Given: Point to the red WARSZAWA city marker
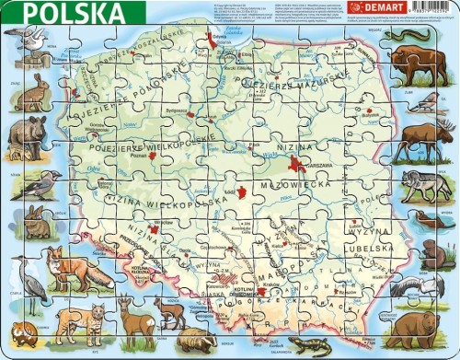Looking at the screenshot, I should pos(297,165).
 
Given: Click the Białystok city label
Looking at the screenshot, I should pos(374,130).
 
